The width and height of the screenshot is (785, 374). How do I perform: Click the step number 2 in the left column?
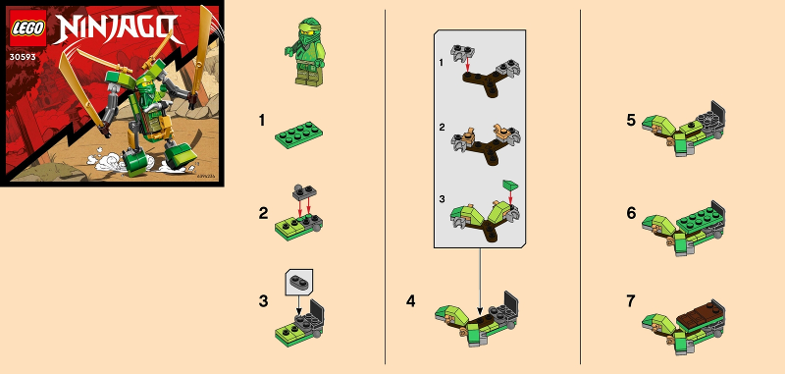pyautogui.click(x=262, y=211)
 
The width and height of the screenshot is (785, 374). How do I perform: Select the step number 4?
pyautogui.click(x=411, y=299)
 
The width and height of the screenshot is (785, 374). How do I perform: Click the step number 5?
pyautogui.click(x=631, y=120)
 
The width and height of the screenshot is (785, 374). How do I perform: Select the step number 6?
pyautogui.click(x=631, y=212)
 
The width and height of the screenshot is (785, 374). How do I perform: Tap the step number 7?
pyautogui.click(x=631, y=300)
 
